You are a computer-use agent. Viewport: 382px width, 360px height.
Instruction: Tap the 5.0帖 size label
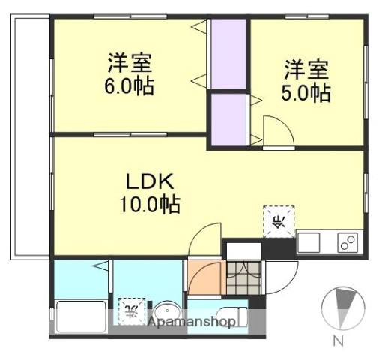point(306,92)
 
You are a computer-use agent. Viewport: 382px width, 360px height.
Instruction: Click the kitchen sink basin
point(309,243)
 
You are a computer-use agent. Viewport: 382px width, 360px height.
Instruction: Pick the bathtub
point(79,318)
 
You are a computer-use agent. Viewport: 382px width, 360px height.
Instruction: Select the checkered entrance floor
point(243,278)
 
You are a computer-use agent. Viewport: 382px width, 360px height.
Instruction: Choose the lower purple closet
point(228,118)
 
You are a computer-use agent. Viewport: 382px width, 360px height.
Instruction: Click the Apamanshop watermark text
point(191,322)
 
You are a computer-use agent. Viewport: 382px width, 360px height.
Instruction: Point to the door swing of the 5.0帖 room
point(277,135)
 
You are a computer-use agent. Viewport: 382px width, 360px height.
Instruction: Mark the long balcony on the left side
point(30,135)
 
